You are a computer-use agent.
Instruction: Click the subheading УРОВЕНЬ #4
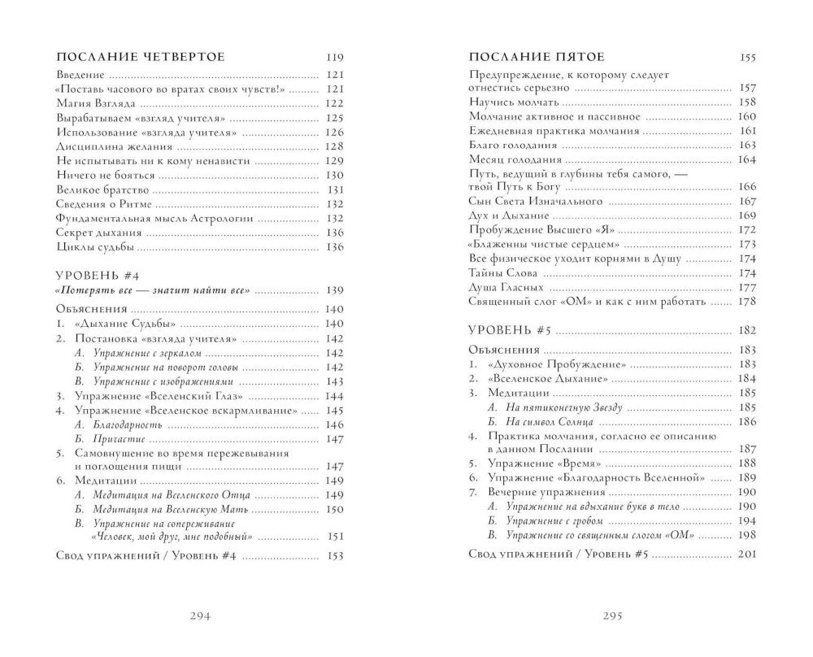point(92,274)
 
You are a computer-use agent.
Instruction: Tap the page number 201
point(746,554)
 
